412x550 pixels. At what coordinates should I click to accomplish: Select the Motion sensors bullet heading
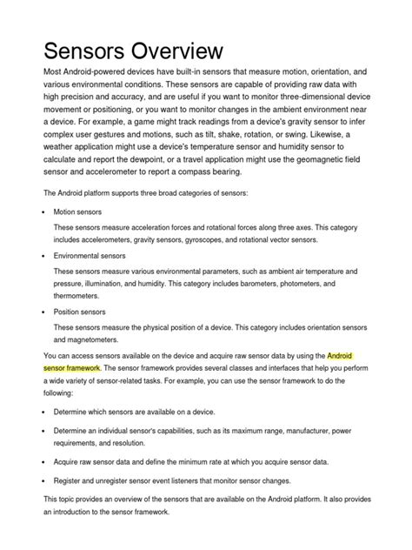tap(78, 211)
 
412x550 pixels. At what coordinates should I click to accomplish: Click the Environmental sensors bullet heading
tap(90, 256)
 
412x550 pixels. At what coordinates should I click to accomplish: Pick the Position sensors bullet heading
tap(80, 311)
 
